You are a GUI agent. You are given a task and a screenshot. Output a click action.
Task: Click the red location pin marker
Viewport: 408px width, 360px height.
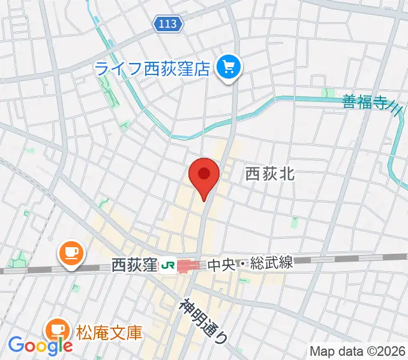coord(203,177)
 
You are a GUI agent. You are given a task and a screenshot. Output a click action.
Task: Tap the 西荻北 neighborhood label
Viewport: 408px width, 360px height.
coord(269,175)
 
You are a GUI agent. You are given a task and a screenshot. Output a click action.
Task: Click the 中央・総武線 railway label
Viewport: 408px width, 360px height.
coord(250,264)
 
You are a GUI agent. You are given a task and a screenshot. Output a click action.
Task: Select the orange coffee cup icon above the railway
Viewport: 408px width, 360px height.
coord(70,253)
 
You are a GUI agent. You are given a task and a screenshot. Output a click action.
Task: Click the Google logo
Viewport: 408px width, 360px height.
coord(40,345)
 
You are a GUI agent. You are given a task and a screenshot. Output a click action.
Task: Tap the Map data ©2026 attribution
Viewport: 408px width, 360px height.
coord(358,350)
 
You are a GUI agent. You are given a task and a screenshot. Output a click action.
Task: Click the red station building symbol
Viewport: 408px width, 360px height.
coord(190,265)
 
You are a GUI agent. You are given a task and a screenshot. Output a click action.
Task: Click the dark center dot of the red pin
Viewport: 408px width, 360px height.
coord(203,173)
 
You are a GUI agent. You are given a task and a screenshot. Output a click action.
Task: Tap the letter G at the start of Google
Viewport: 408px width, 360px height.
coord(15,345)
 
